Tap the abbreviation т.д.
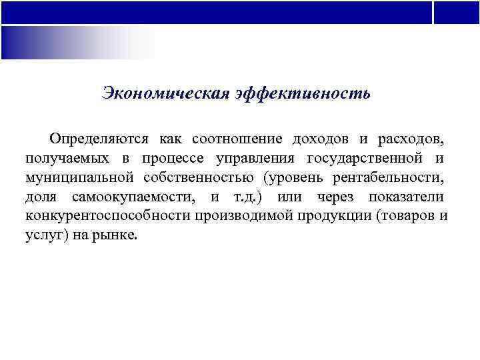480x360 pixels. (245, 197)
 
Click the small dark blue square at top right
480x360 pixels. (457, 12)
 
